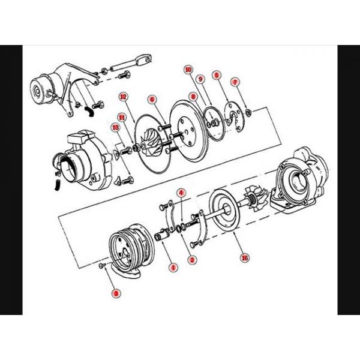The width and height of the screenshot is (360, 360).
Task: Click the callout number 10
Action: [188, 70]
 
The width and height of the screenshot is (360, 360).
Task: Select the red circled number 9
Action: [201, 79]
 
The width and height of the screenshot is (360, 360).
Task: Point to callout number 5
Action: [217, 76]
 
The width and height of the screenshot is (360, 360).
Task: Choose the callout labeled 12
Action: [122, 96]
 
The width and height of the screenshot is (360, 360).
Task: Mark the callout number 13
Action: [115, 127]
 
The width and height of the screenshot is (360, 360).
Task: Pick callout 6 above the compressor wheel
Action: [152, 100]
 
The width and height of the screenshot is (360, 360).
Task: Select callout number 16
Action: [244, 258]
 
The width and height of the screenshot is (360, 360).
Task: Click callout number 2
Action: [192, 259]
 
